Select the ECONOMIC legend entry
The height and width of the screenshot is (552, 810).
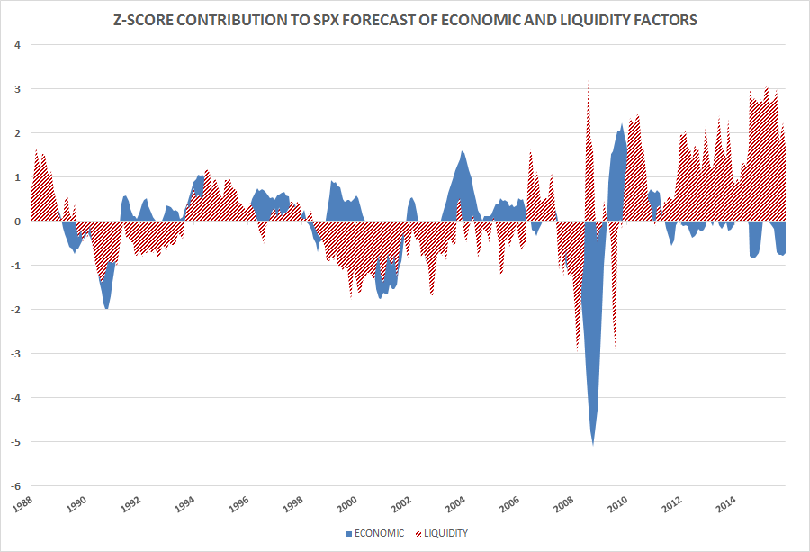[375, 533]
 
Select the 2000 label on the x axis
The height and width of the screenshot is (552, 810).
[346, 502]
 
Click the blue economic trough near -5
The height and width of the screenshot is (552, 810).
[592, 439]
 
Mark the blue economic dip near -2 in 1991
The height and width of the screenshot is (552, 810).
[106, 306]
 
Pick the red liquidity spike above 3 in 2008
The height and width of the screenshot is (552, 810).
[588, 86]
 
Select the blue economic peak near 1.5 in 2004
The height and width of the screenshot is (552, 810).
[463, 154]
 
